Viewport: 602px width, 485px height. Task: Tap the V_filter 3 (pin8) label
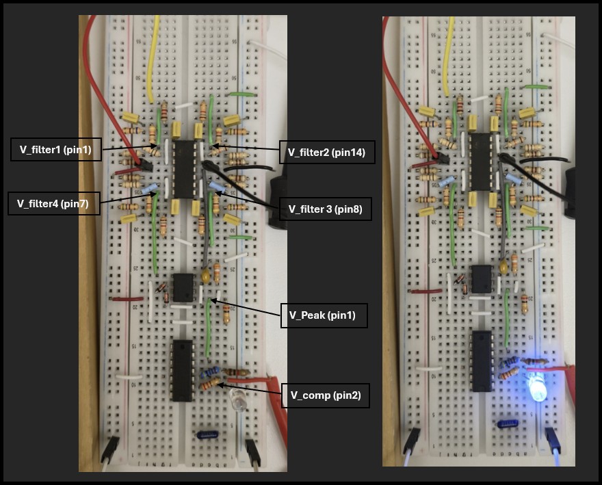point(326,209)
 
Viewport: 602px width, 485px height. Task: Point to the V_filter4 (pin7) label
point(54,203)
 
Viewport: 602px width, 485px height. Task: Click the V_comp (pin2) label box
point(326,395)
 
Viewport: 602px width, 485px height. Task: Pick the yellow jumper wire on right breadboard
point(449,55)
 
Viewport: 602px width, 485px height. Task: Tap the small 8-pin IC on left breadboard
point(183,287)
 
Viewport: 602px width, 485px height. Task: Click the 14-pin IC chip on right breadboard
point(480,161)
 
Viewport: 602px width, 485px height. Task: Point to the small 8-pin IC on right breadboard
point(480,278)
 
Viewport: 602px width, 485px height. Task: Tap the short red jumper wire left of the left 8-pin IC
point(128,299)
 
